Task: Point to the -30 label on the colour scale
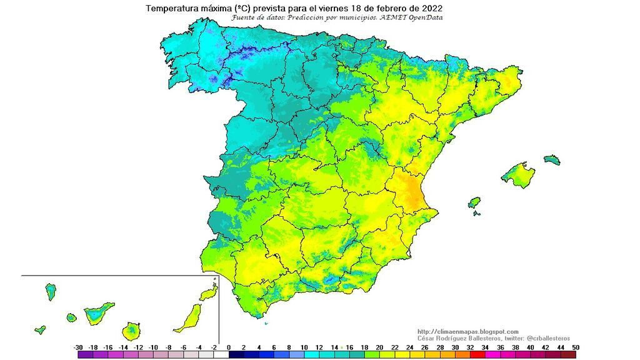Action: pos(77,347)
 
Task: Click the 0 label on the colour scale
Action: pos(229,347)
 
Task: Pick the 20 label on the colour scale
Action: pos(379,347)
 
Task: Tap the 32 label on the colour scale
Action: pos(470,347)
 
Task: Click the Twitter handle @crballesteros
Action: pos(544,338)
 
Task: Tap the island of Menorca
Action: pos(551,160)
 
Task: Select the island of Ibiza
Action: pos(474,203)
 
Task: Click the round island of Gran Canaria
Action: pos(131,330)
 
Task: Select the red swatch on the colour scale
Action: pos(477,354)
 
